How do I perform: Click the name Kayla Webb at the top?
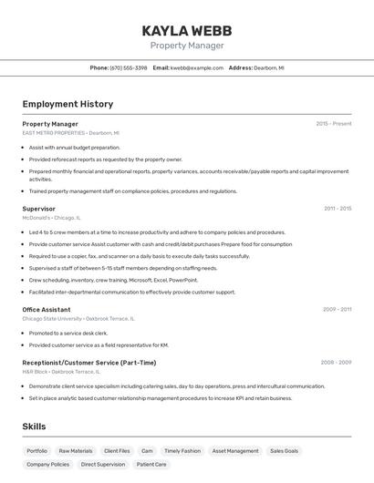[x=186, y=30]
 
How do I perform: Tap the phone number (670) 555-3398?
[x=128, y=67]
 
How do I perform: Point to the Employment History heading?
[x=68, y=104]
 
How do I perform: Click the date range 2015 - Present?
[x=333, y=123]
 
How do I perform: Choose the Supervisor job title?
[x=38, y=209]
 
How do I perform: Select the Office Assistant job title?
[x=46, y=309]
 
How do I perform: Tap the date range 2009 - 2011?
[x=337, y=309]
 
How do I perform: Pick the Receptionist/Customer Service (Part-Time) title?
[x=88, y=363]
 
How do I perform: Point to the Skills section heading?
[x=34, y=426]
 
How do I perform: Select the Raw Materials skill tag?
[x=76, y=451]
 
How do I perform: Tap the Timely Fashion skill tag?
[x=182, y=451]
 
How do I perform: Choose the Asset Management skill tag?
[x=235, y=451]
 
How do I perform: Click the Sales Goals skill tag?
[x=284, y=451]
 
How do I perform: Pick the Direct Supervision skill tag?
[x=103, y=465]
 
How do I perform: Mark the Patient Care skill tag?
[x=151, y=465]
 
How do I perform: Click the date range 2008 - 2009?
[x=336, y=363]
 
